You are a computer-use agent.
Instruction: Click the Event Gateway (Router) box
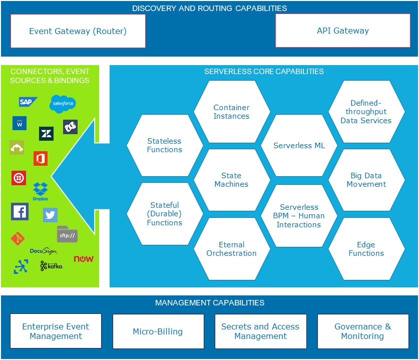point(78,31)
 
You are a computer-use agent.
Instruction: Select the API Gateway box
point(342,31)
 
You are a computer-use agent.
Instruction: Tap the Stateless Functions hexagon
point(165,145)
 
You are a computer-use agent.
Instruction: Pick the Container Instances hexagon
point(231,112)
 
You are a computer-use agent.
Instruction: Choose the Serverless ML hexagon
point(299,146)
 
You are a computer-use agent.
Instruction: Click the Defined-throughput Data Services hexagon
point(366,112)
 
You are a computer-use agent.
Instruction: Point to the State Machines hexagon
point(231,180)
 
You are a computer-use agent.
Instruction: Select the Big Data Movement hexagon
point(366,180)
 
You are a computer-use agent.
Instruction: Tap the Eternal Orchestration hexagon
point(231,249)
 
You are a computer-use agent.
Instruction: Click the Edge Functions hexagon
point(366,249)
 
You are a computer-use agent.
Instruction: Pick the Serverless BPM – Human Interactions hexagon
point(299,215)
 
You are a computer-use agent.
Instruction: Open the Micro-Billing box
point(158,331)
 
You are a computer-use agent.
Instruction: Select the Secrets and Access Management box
point(260,331)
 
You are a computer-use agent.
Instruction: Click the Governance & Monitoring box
point(362,331)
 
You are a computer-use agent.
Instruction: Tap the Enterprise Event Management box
point(56,331)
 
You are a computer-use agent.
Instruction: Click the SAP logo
point(28,102)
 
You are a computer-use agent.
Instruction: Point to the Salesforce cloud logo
point(63,104)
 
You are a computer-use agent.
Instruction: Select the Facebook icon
point(20,212)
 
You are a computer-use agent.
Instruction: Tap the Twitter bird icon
point(50,215)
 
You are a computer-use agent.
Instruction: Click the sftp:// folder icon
point(67,234)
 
